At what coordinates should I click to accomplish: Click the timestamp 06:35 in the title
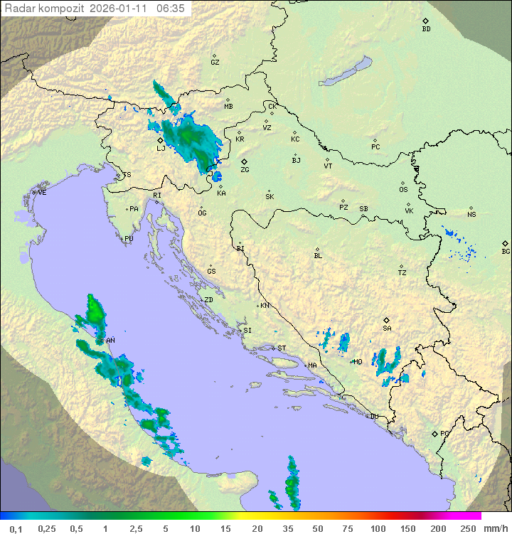pos(171,8)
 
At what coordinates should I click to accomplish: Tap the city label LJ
pos(161,149)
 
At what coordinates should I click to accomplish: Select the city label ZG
pos(245,170)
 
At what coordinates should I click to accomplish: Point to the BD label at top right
pos(426,29)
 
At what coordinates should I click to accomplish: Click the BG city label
pos(506,251)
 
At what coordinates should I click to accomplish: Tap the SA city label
pos(387,328)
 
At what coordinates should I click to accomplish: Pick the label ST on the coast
pos(282,348)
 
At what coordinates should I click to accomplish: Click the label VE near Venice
pos(42,192)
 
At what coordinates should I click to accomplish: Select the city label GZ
pos(215,62)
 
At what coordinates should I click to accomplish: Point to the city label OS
pos(403,190)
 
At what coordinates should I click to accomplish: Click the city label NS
pos(471,214)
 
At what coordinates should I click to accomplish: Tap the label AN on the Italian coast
pos(110,341)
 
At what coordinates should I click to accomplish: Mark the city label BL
pos(318,255)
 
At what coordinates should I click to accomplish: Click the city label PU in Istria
pos(129,239)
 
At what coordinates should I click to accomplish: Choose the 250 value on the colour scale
pos(467,528)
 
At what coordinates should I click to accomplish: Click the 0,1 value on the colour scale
pos(16,528)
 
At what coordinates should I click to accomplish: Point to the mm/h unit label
pos(494,528)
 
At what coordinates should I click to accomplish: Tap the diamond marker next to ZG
pos(245,162)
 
